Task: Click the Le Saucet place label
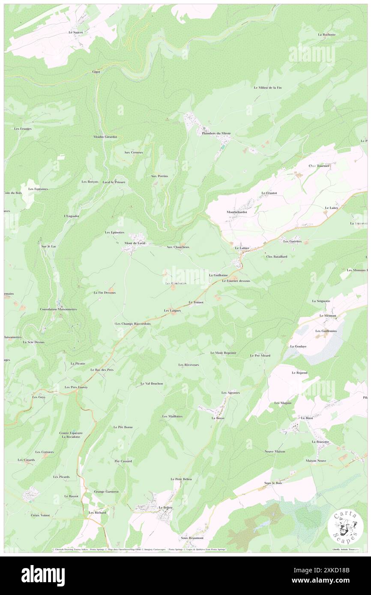point(75,32)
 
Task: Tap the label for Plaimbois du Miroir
point(216,133)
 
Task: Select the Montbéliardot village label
point(237,212)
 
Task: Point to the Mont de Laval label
point(135,243)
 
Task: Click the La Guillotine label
point(218,275)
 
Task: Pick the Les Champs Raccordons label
point(133,324)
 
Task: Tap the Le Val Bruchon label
point(152,384)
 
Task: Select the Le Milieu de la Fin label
point(268,87)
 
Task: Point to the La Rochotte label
point(326,34)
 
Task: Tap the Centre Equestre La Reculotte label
point(71,435)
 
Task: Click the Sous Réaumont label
point(192,538)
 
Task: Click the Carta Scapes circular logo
point(342,526)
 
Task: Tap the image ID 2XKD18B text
point(327,570)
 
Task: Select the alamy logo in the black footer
point(43,575)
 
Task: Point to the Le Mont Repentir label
point(223,353)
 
